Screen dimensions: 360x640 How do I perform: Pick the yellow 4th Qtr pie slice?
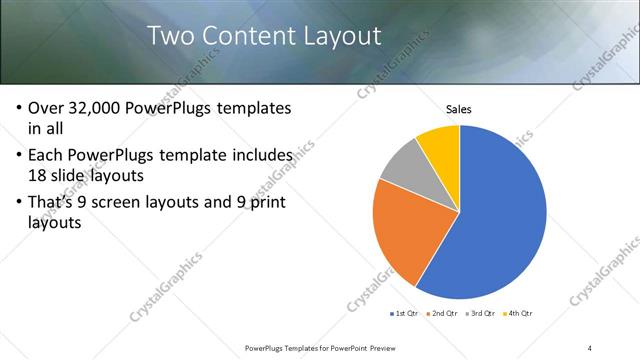coord(441,145)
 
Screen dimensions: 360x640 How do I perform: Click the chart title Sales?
coord(459,109)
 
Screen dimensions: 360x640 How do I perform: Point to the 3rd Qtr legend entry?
coord(483,314)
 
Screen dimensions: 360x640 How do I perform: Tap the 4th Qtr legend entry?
coord(521,314)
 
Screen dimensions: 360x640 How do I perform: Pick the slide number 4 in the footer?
coord(590,348)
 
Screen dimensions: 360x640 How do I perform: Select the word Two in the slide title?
coord(170,36)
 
